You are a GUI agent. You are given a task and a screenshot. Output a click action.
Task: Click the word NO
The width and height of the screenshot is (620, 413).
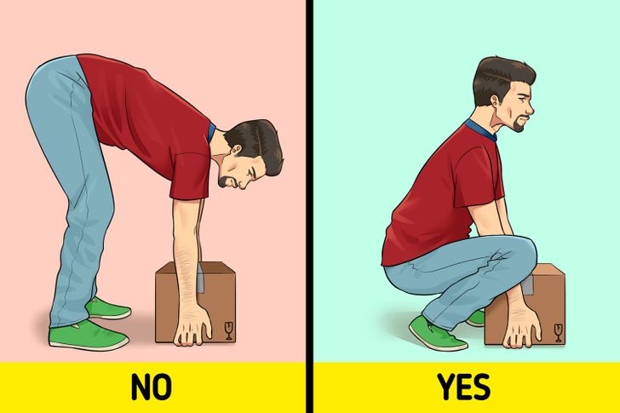pos(152,387)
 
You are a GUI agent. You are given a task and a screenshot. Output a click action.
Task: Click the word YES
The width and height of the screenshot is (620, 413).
pos(463,387)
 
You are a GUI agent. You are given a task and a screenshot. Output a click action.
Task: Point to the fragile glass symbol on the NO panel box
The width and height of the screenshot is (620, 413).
pos(228,330)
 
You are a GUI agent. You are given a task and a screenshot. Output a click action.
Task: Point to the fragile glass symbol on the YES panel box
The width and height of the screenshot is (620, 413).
pos(558,333)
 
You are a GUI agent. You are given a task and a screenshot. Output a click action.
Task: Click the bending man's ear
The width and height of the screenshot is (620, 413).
pos(237,150)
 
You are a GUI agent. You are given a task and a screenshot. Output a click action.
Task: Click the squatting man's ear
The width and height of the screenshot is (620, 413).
pos(497,100)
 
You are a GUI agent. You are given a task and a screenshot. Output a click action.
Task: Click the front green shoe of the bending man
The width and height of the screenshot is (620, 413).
pos(89,336)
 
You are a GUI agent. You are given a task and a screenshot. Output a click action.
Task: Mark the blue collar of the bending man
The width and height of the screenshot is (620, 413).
pos(211,132)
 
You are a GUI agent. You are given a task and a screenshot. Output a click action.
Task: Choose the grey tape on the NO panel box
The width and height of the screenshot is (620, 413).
pos(201,278)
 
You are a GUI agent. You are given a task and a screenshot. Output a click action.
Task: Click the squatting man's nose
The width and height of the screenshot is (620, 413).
pos(529,106)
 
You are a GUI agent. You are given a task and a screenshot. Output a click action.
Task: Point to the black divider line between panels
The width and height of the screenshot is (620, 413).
pos(309,206)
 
